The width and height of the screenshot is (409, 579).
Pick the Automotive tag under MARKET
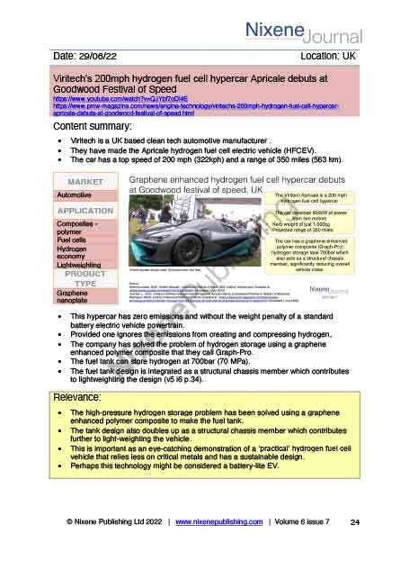75,195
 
